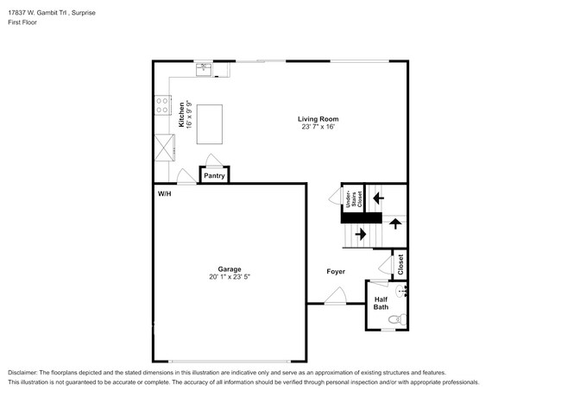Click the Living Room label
click(x=318, y=119)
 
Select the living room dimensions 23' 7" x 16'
click(x=318, y=127)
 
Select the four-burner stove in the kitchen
click(x=161, y=105)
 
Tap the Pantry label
click(x=215, y=176)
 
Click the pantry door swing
click(x=214, y=161)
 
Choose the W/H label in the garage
click(x=164, y=194)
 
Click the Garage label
click(x=230, y=268)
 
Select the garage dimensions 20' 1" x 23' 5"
click(x=230, y=277)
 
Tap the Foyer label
click(x=336, y=271)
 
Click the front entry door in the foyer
click(x=335, y=298)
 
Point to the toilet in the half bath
click(x=396, y=319)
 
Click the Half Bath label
click(x=381, y=303)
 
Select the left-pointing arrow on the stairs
click(x=376, y=198)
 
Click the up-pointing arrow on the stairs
click(x=394, y=224)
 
